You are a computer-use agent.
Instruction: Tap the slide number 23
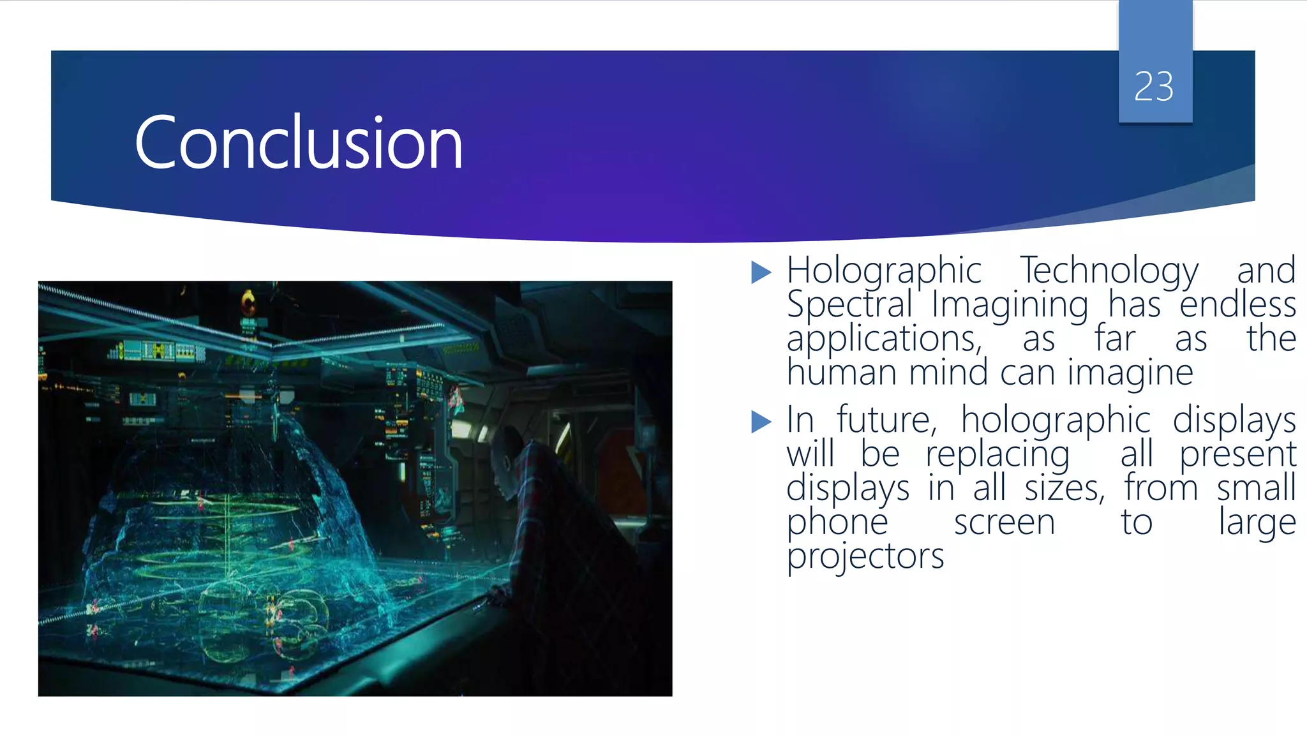click(1154, 86)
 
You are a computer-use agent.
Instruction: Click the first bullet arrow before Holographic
click(761, 272)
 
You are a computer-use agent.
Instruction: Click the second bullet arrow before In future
click(761, 422)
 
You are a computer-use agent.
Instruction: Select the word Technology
click(1109, 271)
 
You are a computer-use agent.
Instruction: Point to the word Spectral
click(849, 304)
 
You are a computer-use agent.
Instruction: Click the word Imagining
click(1010, 304)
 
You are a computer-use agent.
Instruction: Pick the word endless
click(1237, 304)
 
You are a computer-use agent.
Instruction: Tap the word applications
click(884, 339)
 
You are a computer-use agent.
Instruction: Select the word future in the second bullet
click(886, 420)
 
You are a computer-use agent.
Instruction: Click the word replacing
click(997, 455)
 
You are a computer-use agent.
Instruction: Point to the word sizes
click(1064, 489)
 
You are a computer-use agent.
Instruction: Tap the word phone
click(837, 523)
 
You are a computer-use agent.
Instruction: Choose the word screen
click(1005, 523)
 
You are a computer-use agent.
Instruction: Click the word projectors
click(865, 556)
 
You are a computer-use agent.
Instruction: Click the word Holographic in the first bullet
click(884, 271)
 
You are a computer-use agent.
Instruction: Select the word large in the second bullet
click(1257, 523)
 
